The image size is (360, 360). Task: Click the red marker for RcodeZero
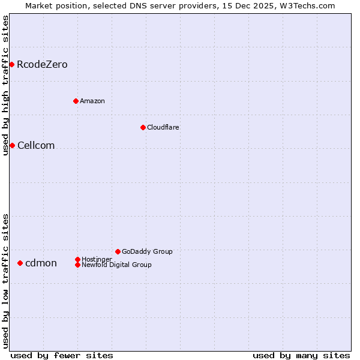[x=11, y=64]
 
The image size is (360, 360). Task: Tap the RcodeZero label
[x=42, y=65]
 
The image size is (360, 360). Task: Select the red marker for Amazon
[x=76, y=101]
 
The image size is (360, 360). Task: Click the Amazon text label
[x=92, y=101]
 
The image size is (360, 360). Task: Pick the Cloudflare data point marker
[x=143, y=127]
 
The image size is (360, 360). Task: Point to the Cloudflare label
[x=163, y=127]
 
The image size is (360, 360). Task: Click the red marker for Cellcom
[x=12, y=145]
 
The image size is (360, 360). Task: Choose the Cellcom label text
[x=36, y=146]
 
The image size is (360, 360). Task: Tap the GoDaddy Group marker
[x=118, y=251]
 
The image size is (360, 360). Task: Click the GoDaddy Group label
[x=147, y=251]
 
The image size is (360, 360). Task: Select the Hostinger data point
[x=78, y=259]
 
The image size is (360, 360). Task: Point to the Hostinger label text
[x=97, y=259]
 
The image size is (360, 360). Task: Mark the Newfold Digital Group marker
[x=78, y=265]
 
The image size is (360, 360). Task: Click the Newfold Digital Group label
[x=117, y=265]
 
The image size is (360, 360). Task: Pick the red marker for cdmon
[x=20, y=263]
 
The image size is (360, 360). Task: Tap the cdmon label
[x=41, y=263]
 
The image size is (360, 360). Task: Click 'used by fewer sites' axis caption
[x=62, y=355]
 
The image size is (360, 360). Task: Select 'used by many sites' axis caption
[x=301, y=355]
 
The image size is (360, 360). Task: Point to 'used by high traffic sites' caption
[x=5, y=85]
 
